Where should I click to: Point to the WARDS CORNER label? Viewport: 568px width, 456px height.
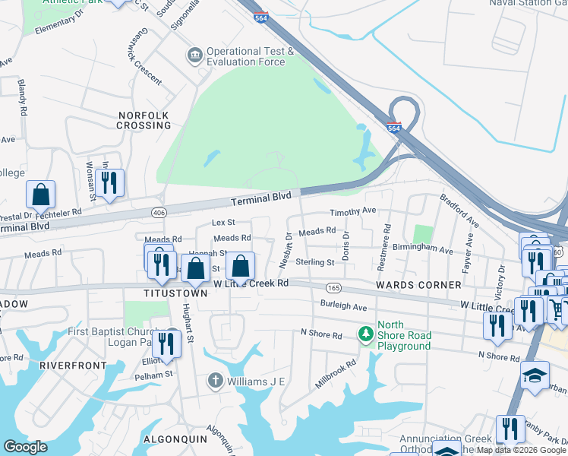[x=418, y=285]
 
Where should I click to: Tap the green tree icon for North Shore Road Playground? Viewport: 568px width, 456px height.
[x=367, y=334]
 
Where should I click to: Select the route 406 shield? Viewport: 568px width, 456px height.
[x=159, y=212]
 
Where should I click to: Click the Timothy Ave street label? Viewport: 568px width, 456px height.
[x=352, y=211]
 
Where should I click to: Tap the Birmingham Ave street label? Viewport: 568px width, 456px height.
[x=422, y=249]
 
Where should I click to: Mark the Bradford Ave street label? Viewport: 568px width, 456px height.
[x=459, y=211]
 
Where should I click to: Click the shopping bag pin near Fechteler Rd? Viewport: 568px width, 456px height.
[x=41, y=195]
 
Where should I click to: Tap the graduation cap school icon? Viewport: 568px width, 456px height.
[x=535, y=375]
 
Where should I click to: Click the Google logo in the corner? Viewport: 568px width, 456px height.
[x=26, y=447]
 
